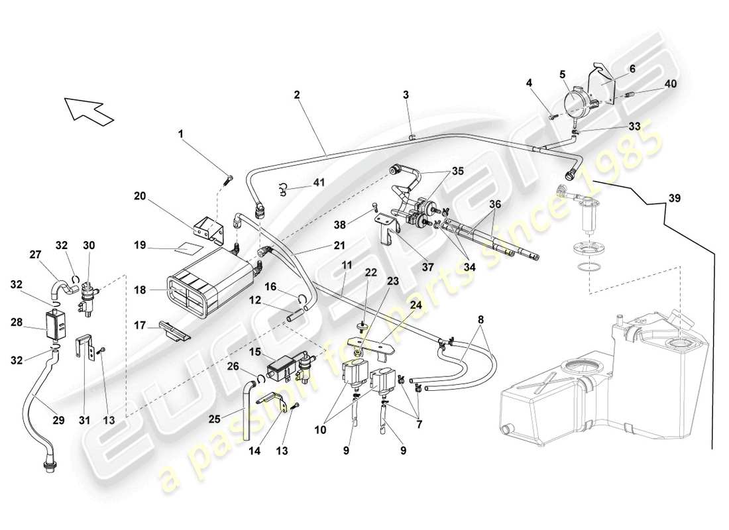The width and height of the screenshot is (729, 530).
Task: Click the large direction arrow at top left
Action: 88,109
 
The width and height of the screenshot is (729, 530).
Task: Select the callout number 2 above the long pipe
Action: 298,95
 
